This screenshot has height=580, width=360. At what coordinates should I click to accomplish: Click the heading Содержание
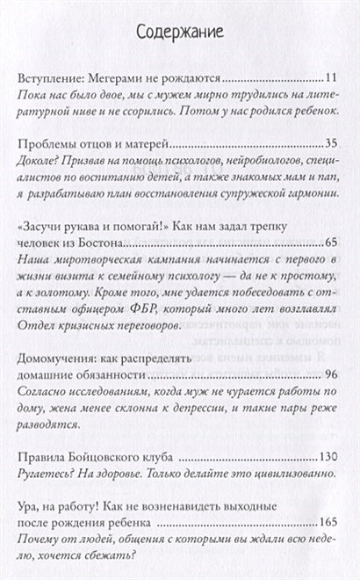[x=180, y=33]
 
